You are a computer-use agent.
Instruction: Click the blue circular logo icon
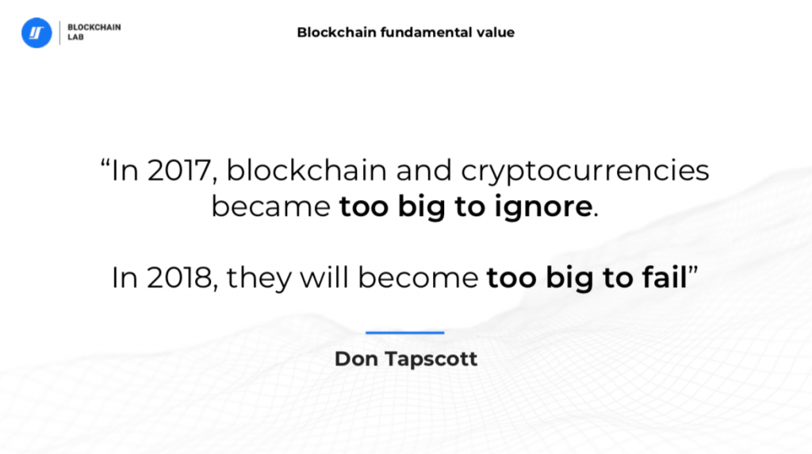click(x=36, y=33)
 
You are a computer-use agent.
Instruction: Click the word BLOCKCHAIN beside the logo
click(x=94, y=27)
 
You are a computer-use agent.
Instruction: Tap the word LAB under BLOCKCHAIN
click(x=75, y=37)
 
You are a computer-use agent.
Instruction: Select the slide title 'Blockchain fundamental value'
click(x=405, y=33)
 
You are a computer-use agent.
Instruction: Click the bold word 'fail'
click(x=663, y=277)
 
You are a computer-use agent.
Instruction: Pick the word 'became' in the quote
click(x=270, y=207)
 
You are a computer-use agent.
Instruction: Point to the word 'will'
click(x=329, y=277)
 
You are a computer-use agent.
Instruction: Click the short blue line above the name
click(x=405, y=333)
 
